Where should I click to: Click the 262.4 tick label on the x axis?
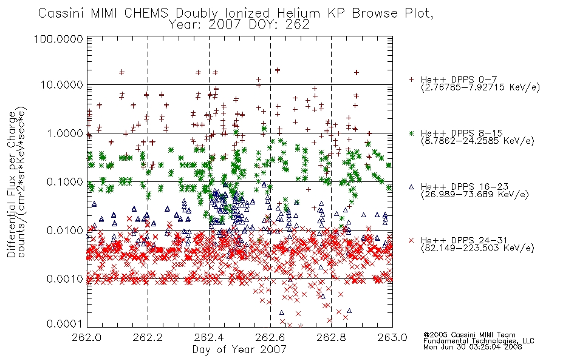210,337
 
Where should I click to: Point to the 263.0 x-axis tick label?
392,337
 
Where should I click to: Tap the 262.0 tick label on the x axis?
87,337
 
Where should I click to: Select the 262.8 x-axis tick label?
331,337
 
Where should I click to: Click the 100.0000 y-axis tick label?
59,39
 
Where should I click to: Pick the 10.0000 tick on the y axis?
62,85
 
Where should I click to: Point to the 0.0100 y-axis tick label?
65,231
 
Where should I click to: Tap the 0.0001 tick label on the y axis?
65,324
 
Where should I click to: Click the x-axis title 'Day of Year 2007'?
239,349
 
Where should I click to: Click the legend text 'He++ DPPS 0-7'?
459,80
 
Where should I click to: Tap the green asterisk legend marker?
411,133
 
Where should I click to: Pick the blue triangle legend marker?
411,187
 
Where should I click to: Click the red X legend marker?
411,240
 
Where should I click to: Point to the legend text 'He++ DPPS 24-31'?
464,240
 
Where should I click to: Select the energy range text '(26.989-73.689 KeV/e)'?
475,195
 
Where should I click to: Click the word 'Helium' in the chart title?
298,13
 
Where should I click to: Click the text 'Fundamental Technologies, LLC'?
479,341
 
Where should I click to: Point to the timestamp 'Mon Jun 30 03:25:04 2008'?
473,347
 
